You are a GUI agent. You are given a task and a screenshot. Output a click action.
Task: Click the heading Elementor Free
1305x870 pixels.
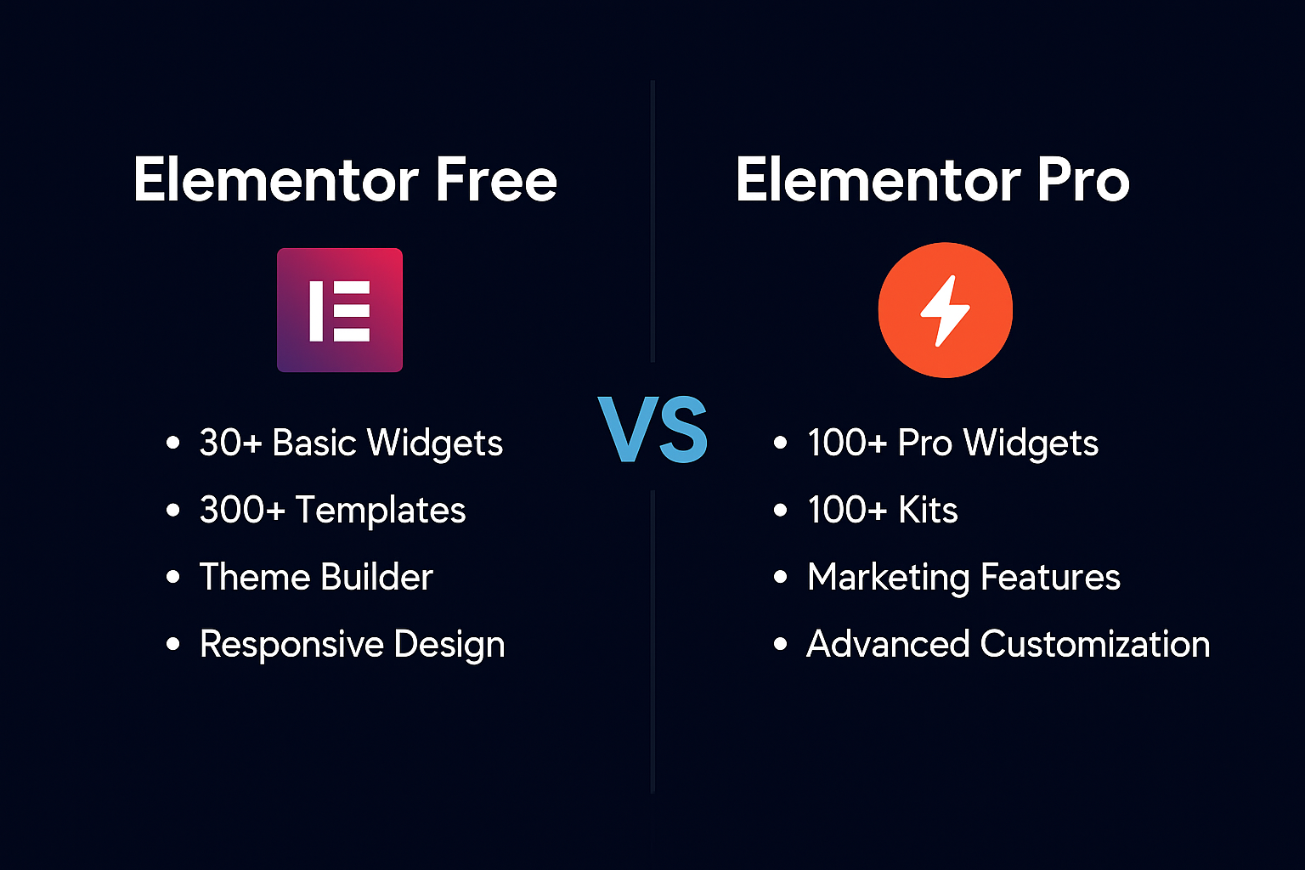(x=345, y=180)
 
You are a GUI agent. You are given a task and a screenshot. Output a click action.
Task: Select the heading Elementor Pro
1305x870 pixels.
(x=932, y=180)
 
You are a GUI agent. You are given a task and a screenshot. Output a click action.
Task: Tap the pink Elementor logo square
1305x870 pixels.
(x=340, y=310)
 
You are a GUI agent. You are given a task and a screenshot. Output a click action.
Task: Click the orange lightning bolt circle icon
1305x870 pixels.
(x=945, y=310)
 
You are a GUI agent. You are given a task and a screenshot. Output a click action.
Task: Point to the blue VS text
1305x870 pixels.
(x=652, y=431)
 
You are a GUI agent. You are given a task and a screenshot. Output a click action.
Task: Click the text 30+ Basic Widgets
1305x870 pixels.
(x=351, y=443)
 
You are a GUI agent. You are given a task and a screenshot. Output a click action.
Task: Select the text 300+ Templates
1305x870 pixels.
(x=332, y=510)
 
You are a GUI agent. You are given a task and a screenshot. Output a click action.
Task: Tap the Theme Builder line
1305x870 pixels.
(x=316, y=577)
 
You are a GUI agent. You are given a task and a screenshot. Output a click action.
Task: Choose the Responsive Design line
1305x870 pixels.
(x=352, y=644)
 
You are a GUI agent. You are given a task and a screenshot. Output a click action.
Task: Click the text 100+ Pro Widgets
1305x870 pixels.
(x=952, y=443)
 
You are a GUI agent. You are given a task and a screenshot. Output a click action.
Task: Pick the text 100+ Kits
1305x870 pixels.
(x=882, y=510)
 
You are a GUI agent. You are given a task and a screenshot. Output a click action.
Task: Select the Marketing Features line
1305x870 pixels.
(x=963, y=577)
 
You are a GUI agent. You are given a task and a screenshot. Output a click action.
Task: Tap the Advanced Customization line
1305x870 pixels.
(x=1008, y=644)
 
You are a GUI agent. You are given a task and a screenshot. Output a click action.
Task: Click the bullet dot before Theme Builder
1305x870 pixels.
(x=173, y=577)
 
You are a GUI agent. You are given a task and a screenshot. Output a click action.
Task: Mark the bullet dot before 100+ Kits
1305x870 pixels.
(x=781, y=510)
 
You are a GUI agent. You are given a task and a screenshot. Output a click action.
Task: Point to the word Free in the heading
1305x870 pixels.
(x=496, y=180)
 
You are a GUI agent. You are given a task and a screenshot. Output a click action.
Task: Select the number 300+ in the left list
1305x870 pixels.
(x=242, y=510)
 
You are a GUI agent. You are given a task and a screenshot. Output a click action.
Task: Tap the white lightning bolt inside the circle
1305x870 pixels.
(x=945, y=311)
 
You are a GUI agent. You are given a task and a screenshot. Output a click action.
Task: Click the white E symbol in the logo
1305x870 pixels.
(x=340, y=311)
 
